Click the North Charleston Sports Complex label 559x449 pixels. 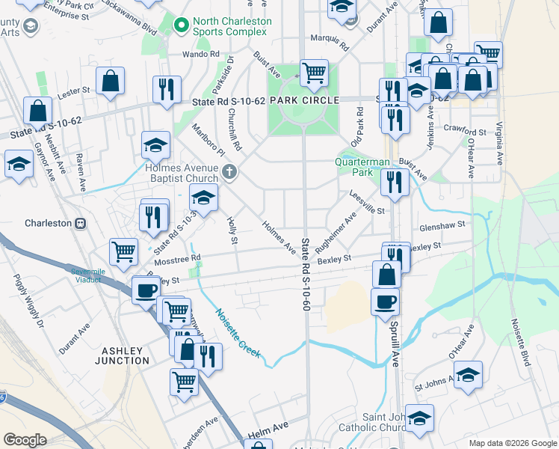click(229, 26)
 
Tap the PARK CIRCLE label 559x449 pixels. click(305, 100)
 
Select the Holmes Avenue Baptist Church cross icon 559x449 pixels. click(229, 173)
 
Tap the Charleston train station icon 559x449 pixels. click(80, 223)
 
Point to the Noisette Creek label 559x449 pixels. click(238, 334)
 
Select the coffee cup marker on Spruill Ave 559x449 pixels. click(385, 302)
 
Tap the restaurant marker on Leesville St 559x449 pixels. click(394, 181)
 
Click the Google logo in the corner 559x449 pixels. click(25, 440)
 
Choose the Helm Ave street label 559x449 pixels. click(274, 427)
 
